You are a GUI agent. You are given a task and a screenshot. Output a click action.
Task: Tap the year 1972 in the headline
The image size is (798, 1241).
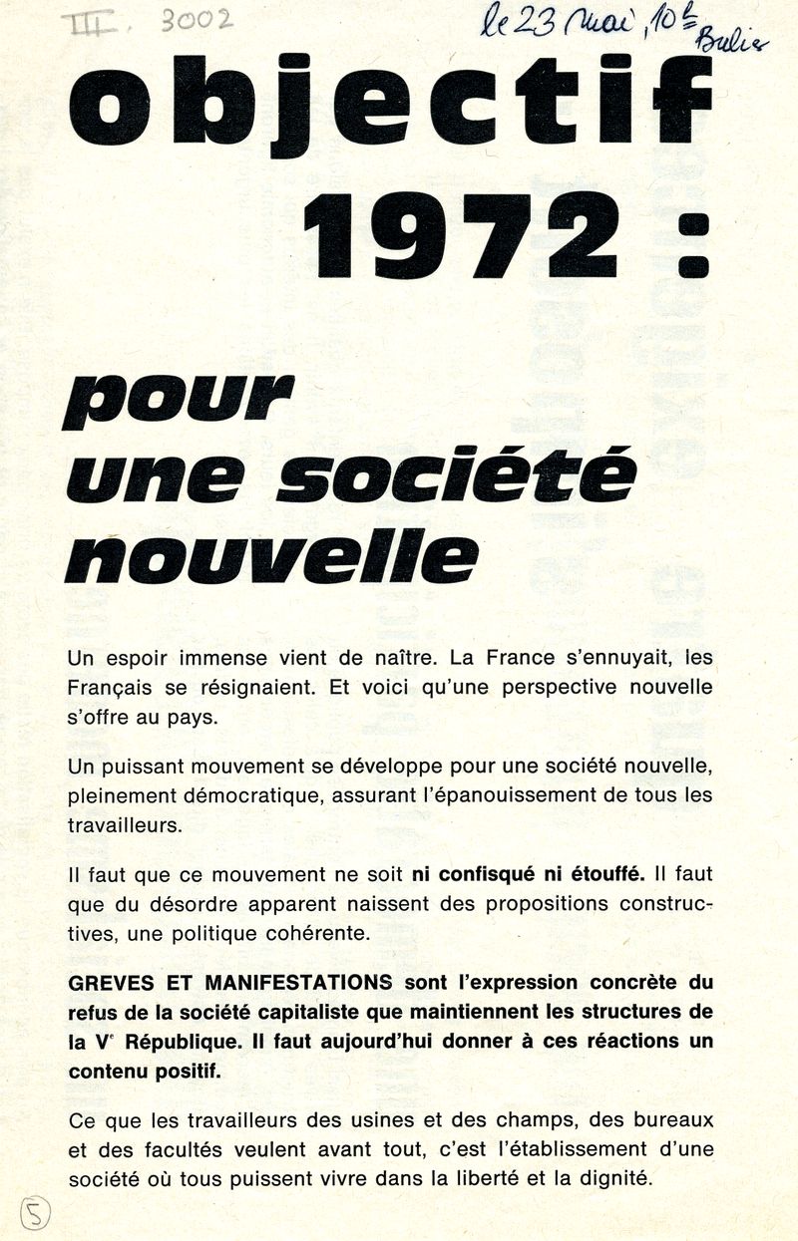(461, 235)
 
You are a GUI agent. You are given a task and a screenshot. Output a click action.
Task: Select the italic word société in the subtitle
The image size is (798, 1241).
(455, 477)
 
